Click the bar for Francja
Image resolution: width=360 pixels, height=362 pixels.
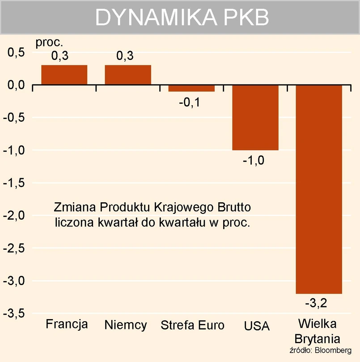pyautogui.click(x=64, y=75)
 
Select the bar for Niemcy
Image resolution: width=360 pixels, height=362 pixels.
pyautogui.click(x=128, y=75)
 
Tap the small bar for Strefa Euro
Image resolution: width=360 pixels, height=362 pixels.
pyautogui.click(x=191, y=88)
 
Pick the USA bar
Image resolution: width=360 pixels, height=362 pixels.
pyautogui.click(x=255, y=117)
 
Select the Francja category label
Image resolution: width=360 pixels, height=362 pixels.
pyautogui.click(x=67, y=324)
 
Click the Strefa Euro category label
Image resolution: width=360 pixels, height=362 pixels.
pyautogui.click(x=192, y=325)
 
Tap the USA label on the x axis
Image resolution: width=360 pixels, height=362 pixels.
pyautogui.click(x=257, y=325)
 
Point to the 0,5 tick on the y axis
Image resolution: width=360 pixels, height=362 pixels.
pyautogui.click(x=16, y=52)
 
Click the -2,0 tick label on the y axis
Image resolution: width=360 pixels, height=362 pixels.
pyautogui.click(x=14, y=216)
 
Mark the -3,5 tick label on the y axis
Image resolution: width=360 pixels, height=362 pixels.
pyautogui.click(x=14, y=314)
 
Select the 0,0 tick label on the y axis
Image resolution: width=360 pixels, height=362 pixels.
pyautogui.click(x=16, y=85)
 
